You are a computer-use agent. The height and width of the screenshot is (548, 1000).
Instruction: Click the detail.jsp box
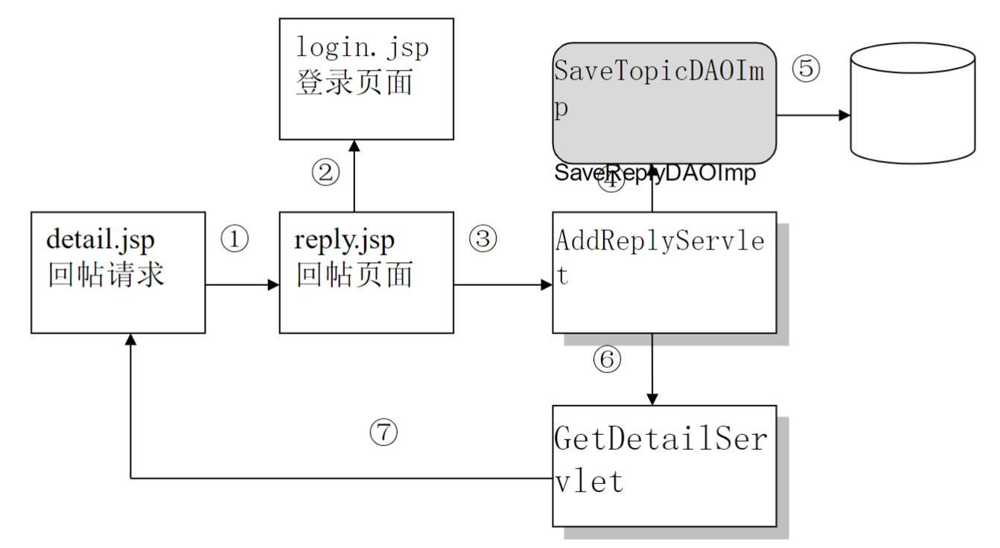pos(118,272)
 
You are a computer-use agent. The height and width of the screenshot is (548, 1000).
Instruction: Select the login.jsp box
pos(366,78)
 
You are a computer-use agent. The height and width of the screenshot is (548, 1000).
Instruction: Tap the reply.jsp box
pos(366,272)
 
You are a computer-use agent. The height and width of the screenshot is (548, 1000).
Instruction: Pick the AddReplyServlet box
pos(664,272)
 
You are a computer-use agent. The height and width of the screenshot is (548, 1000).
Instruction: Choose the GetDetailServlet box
pos(664,465)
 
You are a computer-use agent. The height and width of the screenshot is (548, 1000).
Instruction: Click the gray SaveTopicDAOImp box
pos(664,103)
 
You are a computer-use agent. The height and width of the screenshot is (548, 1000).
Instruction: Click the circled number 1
pos(235,239)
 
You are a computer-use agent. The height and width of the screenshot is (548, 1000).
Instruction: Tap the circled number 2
pos(325,173)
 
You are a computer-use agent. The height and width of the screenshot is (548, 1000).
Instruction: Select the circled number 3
pos(483,239)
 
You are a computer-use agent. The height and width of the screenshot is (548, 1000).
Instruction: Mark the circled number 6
pos(607,360)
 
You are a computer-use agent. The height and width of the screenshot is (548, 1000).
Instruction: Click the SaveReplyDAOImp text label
pos(655,173)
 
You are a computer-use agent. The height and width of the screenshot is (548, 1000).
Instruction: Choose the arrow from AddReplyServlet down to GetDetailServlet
pos(652,369)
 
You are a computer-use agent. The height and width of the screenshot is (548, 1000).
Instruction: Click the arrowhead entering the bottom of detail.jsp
pos(131,340)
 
